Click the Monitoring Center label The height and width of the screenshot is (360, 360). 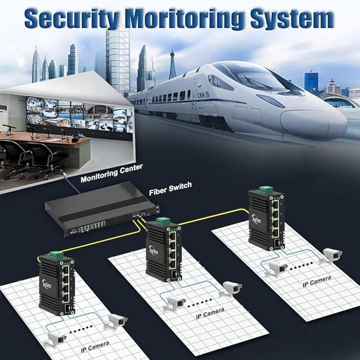point(111,173)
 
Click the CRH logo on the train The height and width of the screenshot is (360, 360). point(203,95)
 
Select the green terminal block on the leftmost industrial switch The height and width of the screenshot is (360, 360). point(56,255)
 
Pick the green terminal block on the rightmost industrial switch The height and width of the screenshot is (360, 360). point(266,190)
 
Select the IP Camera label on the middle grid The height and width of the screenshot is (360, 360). point(210,313)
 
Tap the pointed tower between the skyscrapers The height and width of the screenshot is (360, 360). point(172,67)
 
